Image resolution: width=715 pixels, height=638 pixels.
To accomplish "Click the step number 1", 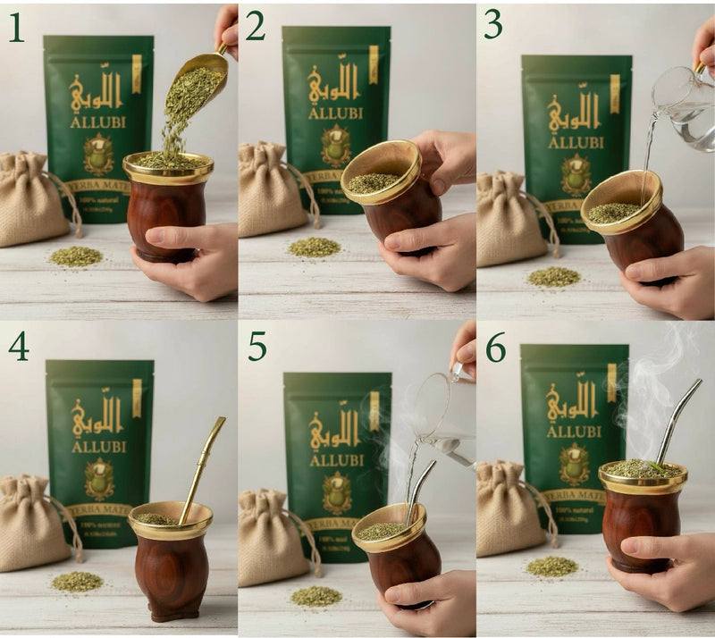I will pyautogui.click(x=17, y=27).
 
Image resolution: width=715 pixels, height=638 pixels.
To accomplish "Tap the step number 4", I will pyautogui.click(x=19, y=345).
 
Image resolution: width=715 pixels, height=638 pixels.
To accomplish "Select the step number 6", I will pyautogui.click(x=495, y=345).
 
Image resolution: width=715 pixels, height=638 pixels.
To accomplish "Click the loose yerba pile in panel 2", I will pyautogui.click(x=314, y=247).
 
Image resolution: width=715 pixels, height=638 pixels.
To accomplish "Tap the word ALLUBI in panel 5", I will pyautogui.click(x=337, y=459).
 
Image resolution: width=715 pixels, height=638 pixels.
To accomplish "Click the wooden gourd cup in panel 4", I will pyautogui.click(x=171, y=563).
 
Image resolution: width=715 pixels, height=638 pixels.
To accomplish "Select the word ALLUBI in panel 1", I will pyautogui.click(x=98, y=121).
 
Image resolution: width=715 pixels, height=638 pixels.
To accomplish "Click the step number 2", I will pyautogui.click(x=255, y=27).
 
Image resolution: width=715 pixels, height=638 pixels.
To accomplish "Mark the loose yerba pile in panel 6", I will pyautogui.click(x=551, y=566).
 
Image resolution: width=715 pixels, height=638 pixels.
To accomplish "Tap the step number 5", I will pyautogui.click(x=257, y=345).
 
